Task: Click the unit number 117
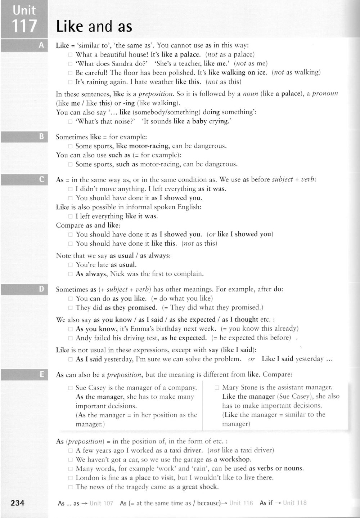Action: pyautogui.click(x=24, y=26)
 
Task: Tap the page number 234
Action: pyautogui.click(x=18, y=503)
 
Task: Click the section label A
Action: pyautogui.click(x=41, y=45)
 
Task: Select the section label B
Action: pyautogui.click(x=41, y=137)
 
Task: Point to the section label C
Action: pyautogui.click(x=41, y=179)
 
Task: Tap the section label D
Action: pyautogui.click(x=41, y=289)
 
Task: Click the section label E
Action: pyautogui.click(x=41, y=375)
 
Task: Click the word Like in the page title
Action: pyautogui.click(x=69, y=27)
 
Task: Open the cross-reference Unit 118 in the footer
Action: pyautogui.click(x=294, y=503)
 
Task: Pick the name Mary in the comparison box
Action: pyautogui.click(x=230, y=388)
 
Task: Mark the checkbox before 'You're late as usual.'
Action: pyautogui.click(x=71, y=265)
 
